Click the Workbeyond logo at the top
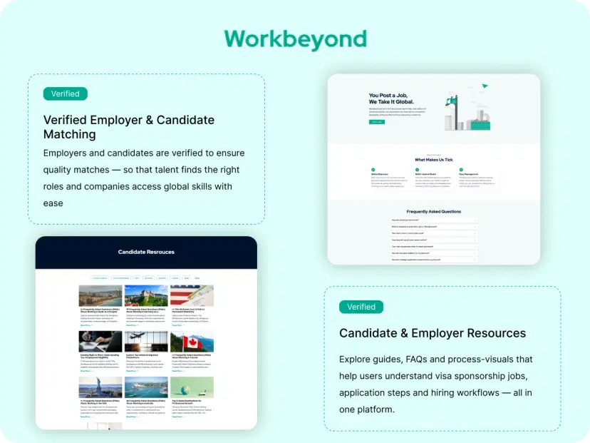point(295,39)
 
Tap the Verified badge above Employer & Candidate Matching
point(66,93)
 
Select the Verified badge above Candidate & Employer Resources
point(361,307)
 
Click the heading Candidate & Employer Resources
point(433,333)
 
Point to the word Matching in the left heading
point(70,134)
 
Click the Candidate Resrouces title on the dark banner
point(146,252)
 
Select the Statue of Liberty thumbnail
point(100,387)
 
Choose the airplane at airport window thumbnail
point(146,341)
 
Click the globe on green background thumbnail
point(192,387)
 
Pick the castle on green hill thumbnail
point(146,295)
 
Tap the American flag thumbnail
point(192,295)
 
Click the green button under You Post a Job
point(377,122)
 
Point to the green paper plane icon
point(485,86)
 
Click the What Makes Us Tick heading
point(433,160)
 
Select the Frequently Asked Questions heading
point(433,211)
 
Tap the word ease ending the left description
point(53,203)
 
